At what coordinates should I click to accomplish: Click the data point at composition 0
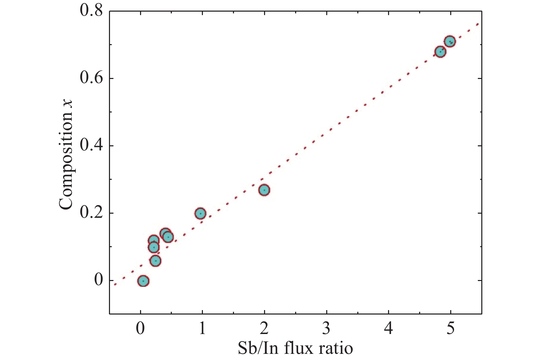point(143,281)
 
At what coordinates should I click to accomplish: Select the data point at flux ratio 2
point(264,190)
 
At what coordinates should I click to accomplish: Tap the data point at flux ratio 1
point(200,214)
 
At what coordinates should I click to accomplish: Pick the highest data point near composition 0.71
point(450,42)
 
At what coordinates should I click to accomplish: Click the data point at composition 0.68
point(440,52)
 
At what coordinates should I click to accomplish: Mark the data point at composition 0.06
point(155,261)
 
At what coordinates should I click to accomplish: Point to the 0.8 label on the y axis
point(91,11)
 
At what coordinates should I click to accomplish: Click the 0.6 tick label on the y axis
point(91,78)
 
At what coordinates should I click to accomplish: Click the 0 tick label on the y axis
point(98,280)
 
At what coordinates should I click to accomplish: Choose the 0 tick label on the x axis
point(140,329)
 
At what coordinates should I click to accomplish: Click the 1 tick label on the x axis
point(203,329)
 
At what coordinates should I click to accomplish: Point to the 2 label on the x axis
point(264,329)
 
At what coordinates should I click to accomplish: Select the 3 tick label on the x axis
point(327,329)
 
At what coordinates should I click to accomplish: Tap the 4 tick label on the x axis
point(389,329)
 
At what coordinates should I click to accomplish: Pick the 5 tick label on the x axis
point(451,329)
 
